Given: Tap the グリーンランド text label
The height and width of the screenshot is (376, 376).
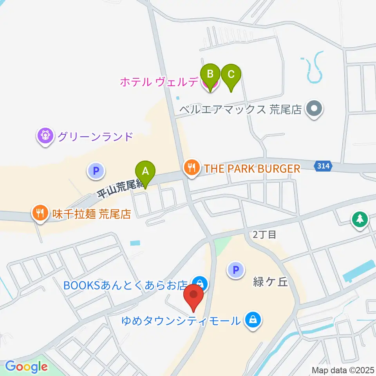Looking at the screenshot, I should coord(95,137).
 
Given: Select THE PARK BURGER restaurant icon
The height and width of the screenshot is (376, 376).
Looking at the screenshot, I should coord(191,168).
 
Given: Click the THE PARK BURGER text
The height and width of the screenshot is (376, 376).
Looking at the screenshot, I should coord(251,169).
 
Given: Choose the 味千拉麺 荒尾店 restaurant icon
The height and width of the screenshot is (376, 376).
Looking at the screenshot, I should coord(40,213).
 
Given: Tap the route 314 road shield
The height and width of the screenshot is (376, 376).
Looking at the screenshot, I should coord(323,167).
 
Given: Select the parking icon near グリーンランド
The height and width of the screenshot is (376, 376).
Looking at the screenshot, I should coord(95,171).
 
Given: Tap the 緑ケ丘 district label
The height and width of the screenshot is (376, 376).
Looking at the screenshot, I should coord(270,282).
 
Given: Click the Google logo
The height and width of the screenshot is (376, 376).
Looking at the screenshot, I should coord(26,367).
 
